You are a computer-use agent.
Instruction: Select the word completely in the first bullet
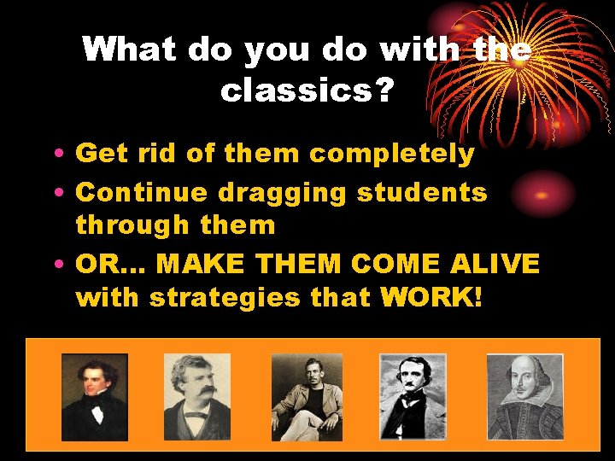391,154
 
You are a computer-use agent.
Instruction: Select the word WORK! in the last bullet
432,298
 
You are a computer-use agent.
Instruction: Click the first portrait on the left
95,396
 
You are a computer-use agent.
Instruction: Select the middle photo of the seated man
306,396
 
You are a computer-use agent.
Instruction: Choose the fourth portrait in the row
413,396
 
